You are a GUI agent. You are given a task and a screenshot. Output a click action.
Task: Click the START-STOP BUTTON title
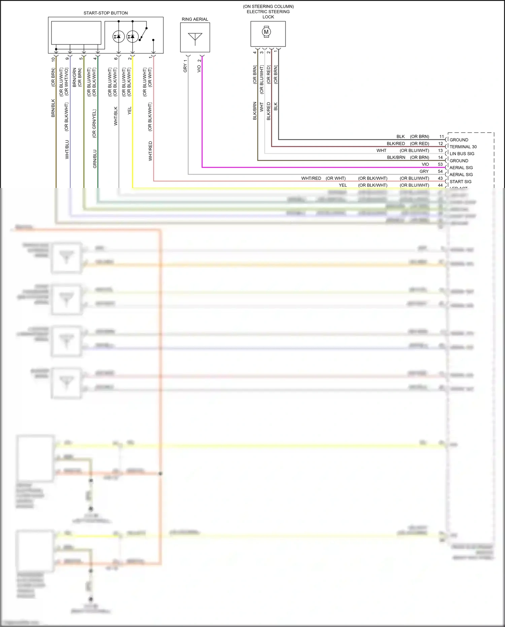pyautogui.click(x=105, y=13)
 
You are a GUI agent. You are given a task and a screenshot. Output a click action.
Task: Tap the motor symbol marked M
pyautogui.click(x=266, y=32)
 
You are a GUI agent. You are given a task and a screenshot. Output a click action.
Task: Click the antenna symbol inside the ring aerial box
pyautogui.click(x=195, y=38)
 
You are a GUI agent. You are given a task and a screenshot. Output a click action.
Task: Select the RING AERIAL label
pyautogui.click(x=195, y=19)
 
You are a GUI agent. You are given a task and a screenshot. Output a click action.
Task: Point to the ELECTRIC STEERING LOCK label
pyautogui.click(x=268, y=12)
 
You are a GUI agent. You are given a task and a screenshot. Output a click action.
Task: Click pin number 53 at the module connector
pyautogui.click(x=440, y=164)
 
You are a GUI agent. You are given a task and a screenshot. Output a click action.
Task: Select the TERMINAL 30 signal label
pyautogui.click(x=463, y=147)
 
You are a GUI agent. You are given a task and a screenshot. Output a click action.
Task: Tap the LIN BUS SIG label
pyautogui.click(x=462, y=154)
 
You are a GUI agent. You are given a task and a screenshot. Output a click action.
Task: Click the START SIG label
pyautogui.click(x=460, y=182)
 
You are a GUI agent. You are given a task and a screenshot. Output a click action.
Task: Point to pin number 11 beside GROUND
pyautogui.click(x=441, y=137)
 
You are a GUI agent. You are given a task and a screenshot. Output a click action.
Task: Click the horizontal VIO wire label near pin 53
pyautogui.click(x=425, y=164)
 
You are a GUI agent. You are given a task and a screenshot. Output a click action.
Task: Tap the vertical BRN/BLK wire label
pyautogui.click(x=53, y=108)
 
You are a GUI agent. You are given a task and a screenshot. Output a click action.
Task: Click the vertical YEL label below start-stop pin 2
pyautogui.click(x=130, y=111)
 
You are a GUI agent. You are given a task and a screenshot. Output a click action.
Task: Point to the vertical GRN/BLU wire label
pyautogui.click(x=95, y=159)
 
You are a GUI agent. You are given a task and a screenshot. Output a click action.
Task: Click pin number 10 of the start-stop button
pyautogui.click(x=53, y=59)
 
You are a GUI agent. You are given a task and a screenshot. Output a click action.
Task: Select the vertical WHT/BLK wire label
pyautogui.click(x=115, y=116)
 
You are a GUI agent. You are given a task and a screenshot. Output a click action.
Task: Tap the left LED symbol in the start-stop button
pyautogui.click(x=118, y=36)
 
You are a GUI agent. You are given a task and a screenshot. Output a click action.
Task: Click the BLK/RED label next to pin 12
pyautogui.click(x=396, y=144)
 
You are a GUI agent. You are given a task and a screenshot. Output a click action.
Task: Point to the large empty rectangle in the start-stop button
pyautogui.click(x=76, y=33)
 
